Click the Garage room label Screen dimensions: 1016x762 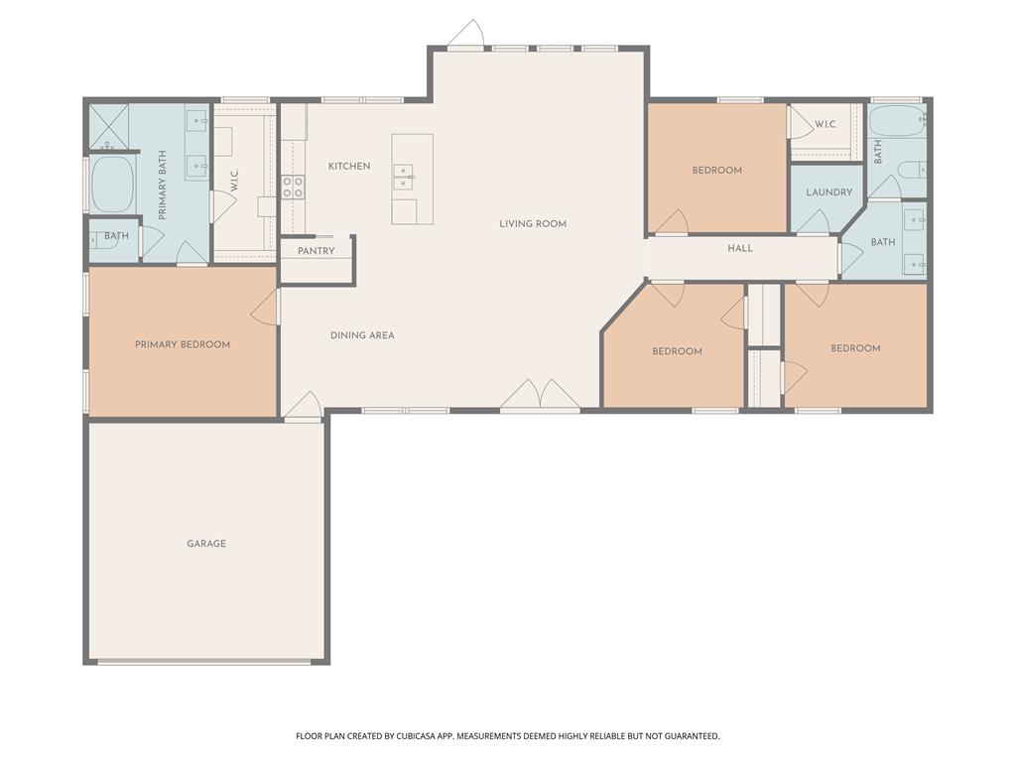pyautogui.click(x=206, y=544)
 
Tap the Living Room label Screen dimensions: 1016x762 pyautogui.click(x=533, y=224)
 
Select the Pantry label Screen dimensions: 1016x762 pyautogui.click(x=317, y=251)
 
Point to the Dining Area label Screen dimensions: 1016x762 pyautogui.click(x=362, y=335)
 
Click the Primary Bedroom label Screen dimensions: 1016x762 pyautogui.click(x=183, y=344)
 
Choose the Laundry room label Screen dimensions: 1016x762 pyautogui.click(x=829, y=192)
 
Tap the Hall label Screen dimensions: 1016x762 pyautogui.click(x=740, y=248)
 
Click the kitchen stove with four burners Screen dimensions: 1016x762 pyautogui.click(x=293, y=188)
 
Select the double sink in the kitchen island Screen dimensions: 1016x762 pyautogui.click(x=404, y=177)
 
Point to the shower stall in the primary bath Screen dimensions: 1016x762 pyautogui.click(x=109, y=126)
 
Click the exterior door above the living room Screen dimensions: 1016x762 pyautogui.click(x=466, y=35)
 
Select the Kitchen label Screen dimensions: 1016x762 pyautogui.click(x=349, y=167)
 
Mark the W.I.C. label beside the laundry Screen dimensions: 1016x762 pyautogui.click(x=825, y=124)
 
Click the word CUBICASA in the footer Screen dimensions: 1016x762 pyautogui.click(x=419, y=736)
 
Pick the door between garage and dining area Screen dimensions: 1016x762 pyautogui.click(x=303, y=406)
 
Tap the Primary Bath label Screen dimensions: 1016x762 pyautogui.click(x=162, y=186)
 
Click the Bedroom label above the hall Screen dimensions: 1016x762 pyautogui.click(x=717, y=171)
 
